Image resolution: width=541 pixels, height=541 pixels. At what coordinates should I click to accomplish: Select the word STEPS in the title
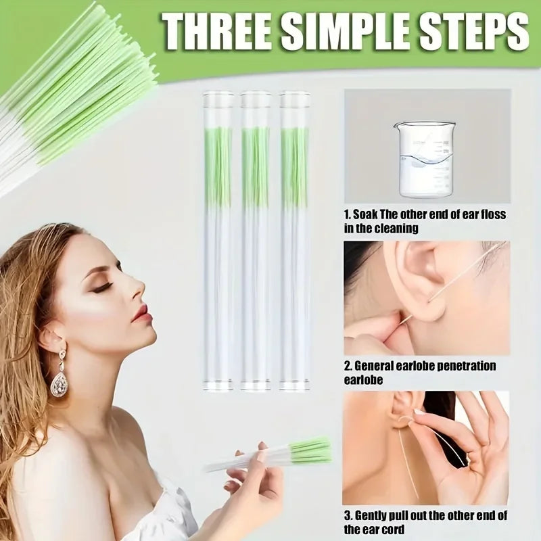470,30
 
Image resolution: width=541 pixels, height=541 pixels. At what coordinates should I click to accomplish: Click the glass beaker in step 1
425,158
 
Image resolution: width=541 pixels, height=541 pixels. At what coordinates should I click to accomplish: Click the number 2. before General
348,366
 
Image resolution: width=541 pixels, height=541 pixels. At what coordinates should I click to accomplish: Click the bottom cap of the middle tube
256,387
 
